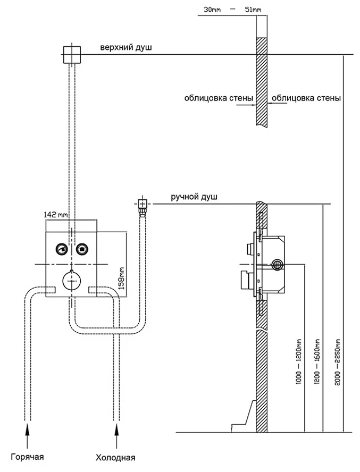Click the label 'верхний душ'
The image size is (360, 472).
pyautogui.click(x=126, y=48)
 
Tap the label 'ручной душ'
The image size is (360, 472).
pyautogui.click(x=194, y=197)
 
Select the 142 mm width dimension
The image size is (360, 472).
pyautogui.click(x=57, y=215)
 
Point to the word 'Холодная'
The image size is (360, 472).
pyautogui.click(x=115, y=457)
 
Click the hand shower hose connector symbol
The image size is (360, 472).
pyautogui.click(x=142, y=203)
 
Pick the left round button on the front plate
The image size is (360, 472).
pyautogui.click(x=61, y=248)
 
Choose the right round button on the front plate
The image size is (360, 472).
pyautogui.click(x=81, y=248)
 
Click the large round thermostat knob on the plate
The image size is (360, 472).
pyautogui.click(x=71, y=280)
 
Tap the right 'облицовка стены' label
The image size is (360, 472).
pyautogui.click(x=306, y=98)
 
